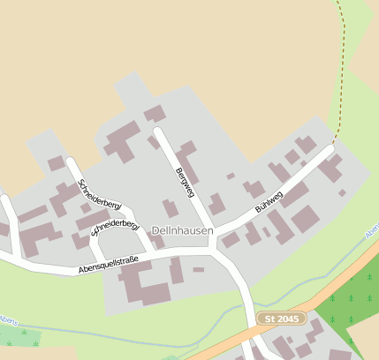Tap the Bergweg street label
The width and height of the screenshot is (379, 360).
[x=185, y=182]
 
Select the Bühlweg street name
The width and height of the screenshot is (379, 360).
[x=269, y=202]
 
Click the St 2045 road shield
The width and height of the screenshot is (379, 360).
[x=281, y=318]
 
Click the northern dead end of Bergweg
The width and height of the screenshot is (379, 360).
[x=158, y=132]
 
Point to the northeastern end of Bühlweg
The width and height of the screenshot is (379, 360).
[x=331, y=149]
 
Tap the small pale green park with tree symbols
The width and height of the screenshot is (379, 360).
[x=21, y=336]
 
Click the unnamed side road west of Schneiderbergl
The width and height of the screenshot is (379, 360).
[x=11, y=225]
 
